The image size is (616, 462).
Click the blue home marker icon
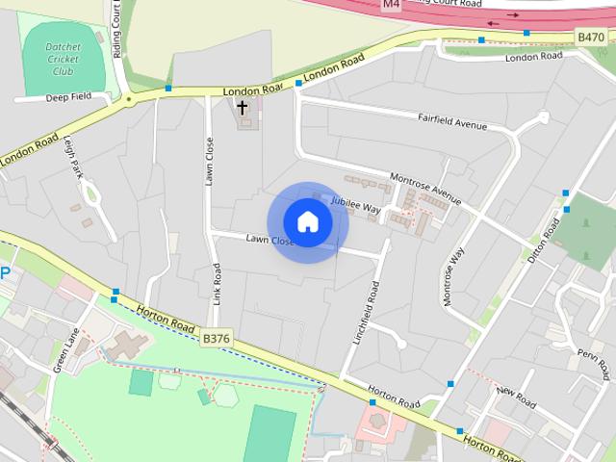[307, 222]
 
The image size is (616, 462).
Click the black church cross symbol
[243, 107]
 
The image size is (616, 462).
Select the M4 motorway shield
[390, 5]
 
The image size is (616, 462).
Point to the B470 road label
[590, 37]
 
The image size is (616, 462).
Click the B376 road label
[217, 338]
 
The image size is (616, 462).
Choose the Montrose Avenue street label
[426, 189]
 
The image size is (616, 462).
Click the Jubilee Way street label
[356, 205]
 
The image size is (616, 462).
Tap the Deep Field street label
[66, 96]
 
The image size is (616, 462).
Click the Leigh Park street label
[76, 157]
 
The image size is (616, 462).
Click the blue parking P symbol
[5, 273]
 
